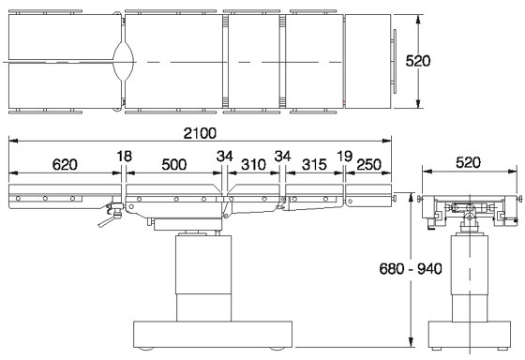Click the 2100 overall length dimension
click(x=200, y=133)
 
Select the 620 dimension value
click(x=65, y=164)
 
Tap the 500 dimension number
click(x=174, y=164)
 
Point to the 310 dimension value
click(x=253, y=164)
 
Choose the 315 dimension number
click(x=314, y=164)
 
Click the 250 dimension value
click(x=368, y=164)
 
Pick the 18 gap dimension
click(x=124, y=156)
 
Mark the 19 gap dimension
click(x=345, y=156)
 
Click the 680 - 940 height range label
click(x=411, y=268)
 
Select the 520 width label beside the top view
click(x=418, y=61)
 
